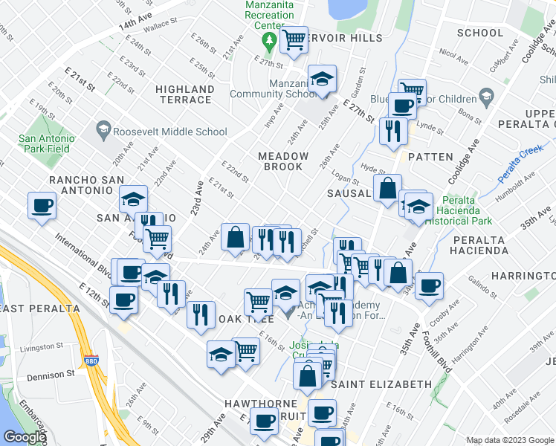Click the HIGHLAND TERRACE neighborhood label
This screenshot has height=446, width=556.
click(x=185, y=94)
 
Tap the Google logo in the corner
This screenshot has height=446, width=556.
click(x=25, y=438)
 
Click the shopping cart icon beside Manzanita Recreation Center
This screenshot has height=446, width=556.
click(x=294, y=41)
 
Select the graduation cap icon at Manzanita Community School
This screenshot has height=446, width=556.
click(x=322, y=79)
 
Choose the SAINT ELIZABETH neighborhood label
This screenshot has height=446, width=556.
click(x=381, y=384)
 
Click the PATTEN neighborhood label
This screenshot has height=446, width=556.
click(x=430, y=157)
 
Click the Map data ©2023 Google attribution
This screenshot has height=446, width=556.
click(x=508, y=440)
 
